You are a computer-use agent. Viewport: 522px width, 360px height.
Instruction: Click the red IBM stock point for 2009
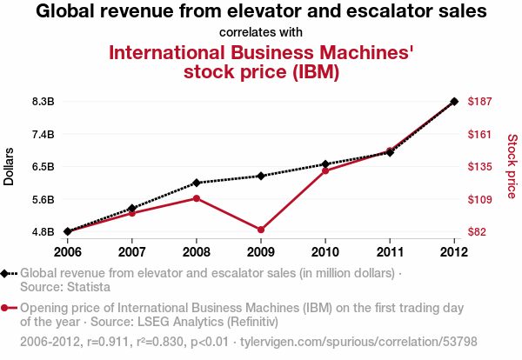tap(261, 230)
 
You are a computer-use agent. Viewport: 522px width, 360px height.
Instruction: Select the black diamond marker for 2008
tap(197, 183)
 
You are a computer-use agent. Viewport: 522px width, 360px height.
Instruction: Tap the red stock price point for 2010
tap(325, 171)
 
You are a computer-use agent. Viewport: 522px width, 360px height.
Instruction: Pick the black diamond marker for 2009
tap(261, 176)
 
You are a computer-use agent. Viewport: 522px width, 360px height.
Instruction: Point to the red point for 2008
tap(197, 198)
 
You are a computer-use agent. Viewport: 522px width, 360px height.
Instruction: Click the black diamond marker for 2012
tap(454, 101)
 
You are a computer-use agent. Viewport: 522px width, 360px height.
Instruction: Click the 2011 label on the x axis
tap(390, 252)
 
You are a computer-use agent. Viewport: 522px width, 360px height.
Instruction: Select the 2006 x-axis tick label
tap(68, 252)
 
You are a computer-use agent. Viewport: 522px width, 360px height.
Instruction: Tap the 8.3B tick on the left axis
tap(43, 101)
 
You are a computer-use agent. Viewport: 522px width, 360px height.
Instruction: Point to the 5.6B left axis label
tap(43, 199)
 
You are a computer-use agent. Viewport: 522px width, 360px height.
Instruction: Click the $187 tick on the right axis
tap(479, 101)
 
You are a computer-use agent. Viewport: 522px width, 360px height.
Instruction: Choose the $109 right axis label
tap(479, 199)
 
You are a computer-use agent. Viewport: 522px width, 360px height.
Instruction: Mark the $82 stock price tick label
tap(477, 231)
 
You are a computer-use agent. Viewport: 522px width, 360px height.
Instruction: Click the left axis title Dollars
tap(9, 166)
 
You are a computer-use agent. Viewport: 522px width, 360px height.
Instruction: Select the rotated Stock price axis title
tap(512, 166)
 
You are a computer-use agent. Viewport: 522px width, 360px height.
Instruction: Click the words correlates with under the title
tap(261, 32)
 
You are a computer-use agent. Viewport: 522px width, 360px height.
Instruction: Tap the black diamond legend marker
tap(4, 274)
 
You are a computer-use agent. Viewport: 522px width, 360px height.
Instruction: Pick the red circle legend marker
tap(4, 308)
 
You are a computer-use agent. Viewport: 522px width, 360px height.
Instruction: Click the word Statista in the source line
tap(89, 287)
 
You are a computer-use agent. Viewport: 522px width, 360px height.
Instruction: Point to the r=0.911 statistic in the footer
tap(108, 342)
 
